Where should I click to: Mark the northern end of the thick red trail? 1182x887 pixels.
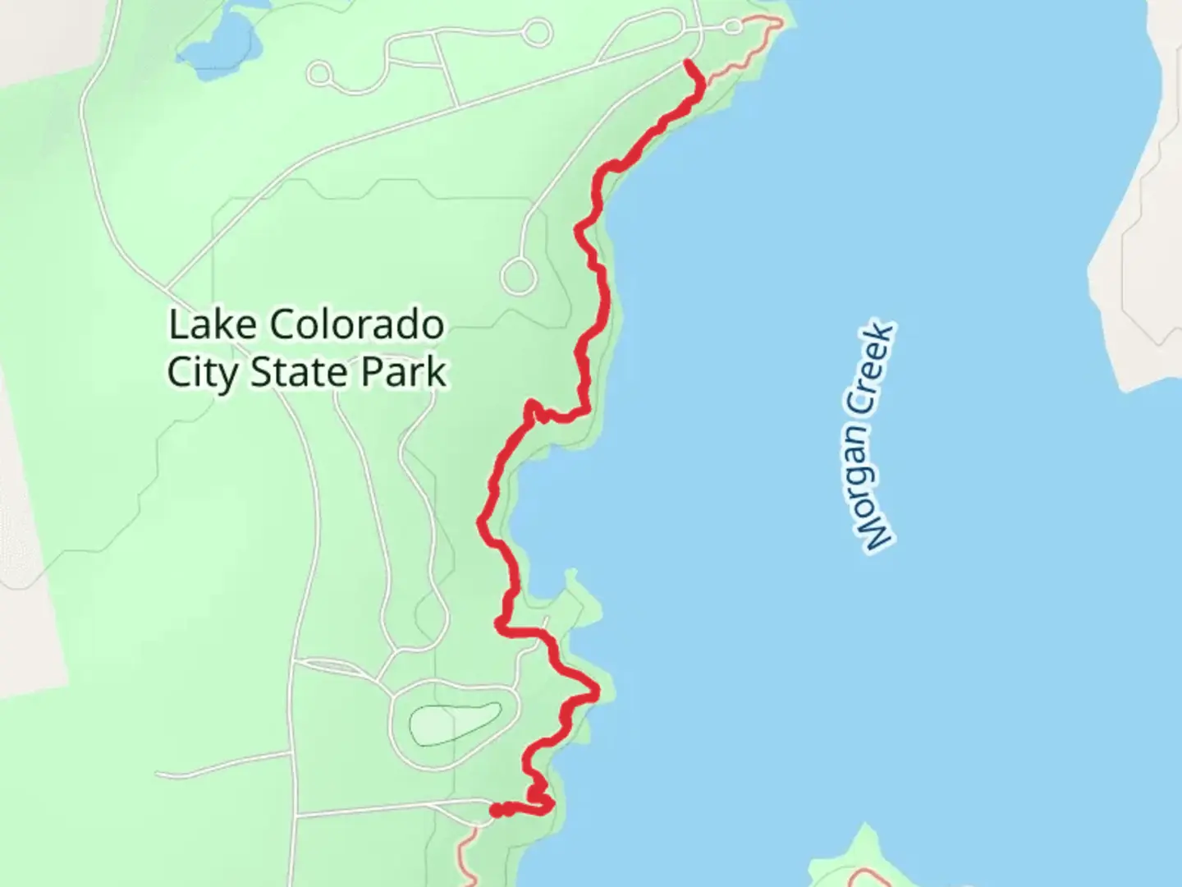click(687, 62)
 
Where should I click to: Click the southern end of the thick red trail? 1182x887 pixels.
click(494, 811)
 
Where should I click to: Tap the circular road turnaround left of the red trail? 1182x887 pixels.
click(518, 276)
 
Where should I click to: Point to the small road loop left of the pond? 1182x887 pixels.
click(319, 75)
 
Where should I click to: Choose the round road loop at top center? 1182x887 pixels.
click(537, 33)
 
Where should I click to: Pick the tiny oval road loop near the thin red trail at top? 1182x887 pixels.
click(733, 27)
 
